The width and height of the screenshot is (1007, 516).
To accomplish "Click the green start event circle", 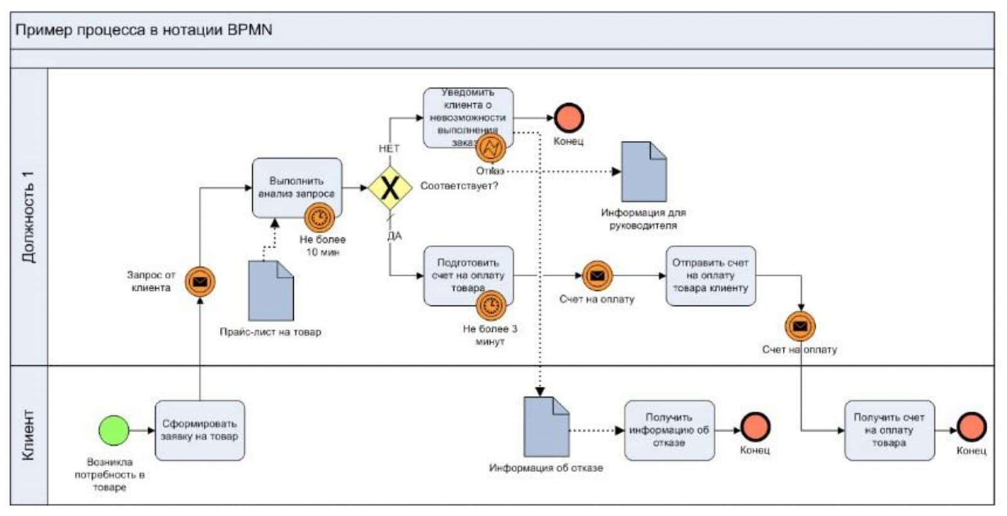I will pyautogui.click(x=114, y=431).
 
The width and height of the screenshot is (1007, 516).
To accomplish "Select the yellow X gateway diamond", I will pyautogui.click(x=390, y=188).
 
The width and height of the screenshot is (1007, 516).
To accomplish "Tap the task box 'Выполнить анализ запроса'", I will pyautogui.click(x=296, y=187).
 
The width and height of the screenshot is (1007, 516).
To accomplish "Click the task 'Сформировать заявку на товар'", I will pyautogui.click(x=200, y=431).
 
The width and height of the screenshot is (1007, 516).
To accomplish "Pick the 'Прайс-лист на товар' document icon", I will pyautogui.click(x=271, y=291).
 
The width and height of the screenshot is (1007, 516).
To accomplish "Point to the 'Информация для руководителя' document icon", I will pyautogui.click(x=643, y=172).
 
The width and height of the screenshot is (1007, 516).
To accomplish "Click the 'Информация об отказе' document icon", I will pyautogui.click(x=546, y=427).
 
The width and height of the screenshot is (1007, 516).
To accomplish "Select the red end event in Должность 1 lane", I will pyautogui.click(x=569, y=118).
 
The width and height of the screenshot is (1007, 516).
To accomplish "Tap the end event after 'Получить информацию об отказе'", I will pyautogui.click(x=755, y=427).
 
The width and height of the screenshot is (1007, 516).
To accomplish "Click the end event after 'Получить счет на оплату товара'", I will pyautogui.click(x=971, y=427).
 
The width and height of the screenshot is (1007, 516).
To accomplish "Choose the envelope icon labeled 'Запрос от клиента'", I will pyautogui.click(x=200, y=282).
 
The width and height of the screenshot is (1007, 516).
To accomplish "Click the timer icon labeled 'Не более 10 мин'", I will pyautogui.click(x=320, y=218).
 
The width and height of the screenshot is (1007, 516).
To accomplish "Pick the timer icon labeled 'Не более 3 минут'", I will pyautogui.click(x=491, y=306).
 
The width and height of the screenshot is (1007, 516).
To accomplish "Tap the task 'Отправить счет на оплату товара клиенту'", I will pyautogui.click(x=711, y=276).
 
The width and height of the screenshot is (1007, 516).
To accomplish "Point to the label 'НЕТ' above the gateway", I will pyautogui.click(x=389, y=148).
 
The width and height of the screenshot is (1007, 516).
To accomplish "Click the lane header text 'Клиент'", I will pyautogui.click(x=29, y=435).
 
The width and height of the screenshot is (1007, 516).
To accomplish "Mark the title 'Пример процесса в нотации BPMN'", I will pyautogui.click(x=143, y=30).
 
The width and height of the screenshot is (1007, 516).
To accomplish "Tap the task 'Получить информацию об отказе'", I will pyautogui.click(x=669, y=431).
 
